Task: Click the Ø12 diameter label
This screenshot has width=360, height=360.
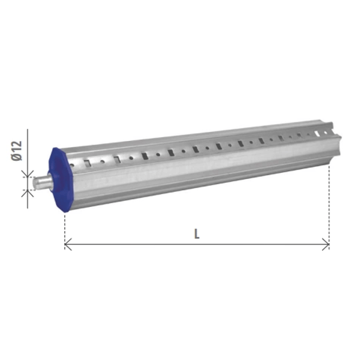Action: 17,151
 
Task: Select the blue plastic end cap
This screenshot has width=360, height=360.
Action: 61,179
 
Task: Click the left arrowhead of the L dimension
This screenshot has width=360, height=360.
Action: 68,244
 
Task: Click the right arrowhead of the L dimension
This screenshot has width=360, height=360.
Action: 326,244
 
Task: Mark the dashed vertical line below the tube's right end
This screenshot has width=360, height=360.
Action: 329,205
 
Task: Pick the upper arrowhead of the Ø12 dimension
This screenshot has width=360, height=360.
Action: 28,174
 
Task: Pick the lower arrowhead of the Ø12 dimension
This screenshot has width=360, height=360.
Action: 28,193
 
